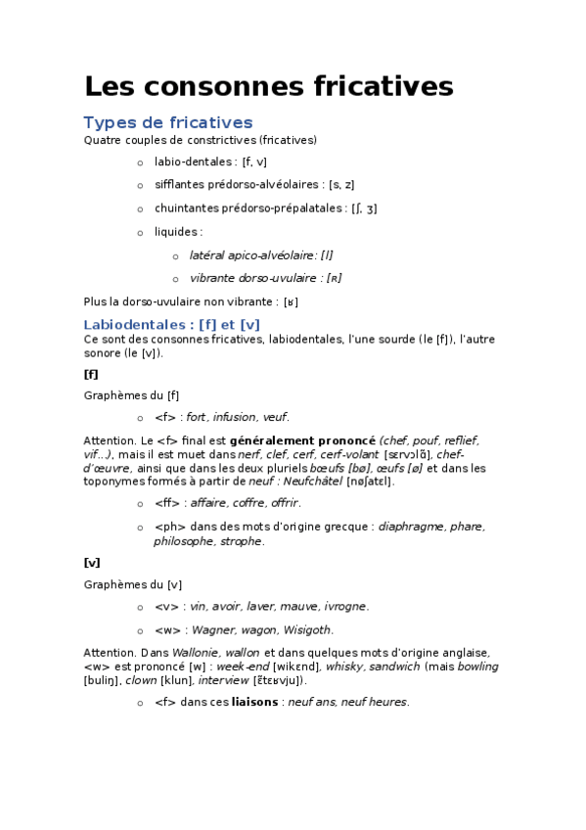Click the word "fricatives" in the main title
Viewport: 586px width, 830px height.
click(x=388, y=87)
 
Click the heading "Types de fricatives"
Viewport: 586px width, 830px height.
click(x=168, y=122)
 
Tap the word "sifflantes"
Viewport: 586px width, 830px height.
click(x=179, y=184)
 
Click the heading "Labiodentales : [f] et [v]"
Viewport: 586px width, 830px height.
click(x=171, y=324)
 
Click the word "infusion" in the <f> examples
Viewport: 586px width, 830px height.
click(x=235, y=417)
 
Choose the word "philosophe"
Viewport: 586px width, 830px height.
click(x=184, y=540)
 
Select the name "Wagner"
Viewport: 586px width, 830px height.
click(x=214, y=630)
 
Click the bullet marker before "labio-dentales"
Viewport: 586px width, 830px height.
click(x=140, y=162)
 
